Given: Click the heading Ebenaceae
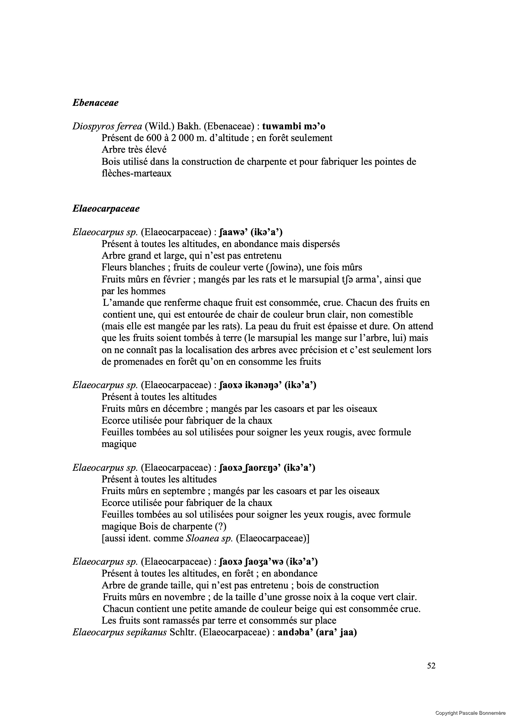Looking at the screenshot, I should point(95,103).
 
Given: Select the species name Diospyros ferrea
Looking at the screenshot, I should point(107,126).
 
